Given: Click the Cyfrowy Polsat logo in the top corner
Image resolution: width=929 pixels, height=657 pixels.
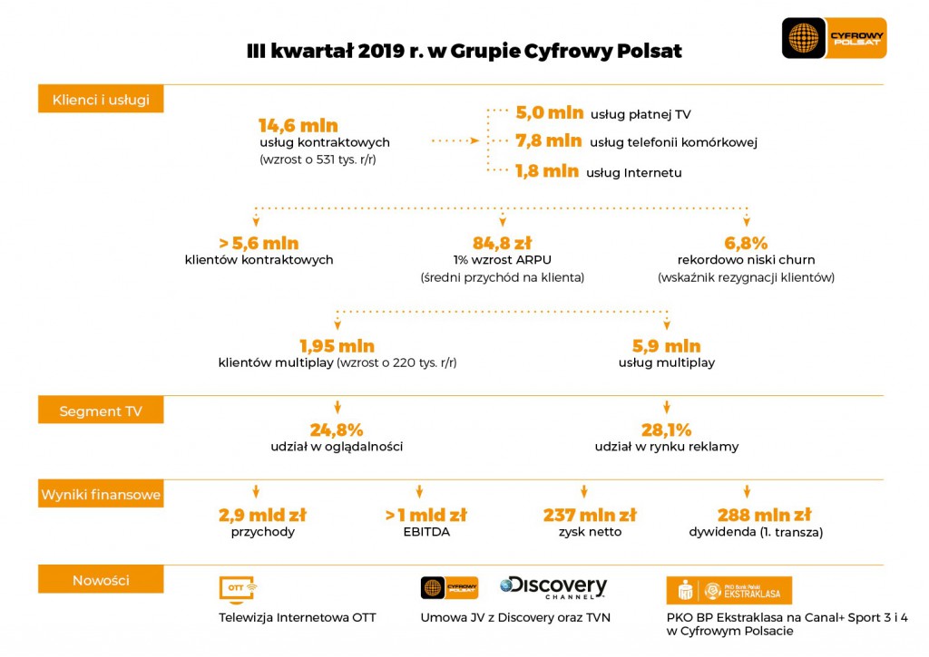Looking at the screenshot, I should pos(834,38).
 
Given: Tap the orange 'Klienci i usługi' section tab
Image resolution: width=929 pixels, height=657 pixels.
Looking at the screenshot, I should pos(101,100).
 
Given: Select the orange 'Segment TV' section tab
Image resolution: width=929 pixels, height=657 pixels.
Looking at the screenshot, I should pos(101,411).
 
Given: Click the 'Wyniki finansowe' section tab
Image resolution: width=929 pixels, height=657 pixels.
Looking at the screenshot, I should pos(101,495).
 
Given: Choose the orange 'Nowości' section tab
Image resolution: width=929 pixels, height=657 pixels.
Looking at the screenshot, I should pos(101,580).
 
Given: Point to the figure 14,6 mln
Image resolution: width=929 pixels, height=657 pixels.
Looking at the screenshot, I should pos(298,125).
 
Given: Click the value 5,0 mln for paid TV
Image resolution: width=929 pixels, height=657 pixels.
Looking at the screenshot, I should pos(550,112).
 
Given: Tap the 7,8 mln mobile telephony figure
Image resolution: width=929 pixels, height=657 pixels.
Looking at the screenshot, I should pos(549,140).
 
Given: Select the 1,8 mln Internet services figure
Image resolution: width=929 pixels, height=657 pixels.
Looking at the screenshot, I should pos(547,170).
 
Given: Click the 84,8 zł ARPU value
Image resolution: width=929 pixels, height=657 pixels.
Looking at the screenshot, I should pos(502,243).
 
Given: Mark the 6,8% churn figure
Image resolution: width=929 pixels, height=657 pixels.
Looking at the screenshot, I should pos(746,243).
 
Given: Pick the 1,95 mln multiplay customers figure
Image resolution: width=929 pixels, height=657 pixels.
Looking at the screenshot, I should pos(337,345).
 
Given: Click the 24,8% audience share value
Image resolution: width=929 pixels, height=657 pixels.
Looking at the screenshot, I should pos(337,430).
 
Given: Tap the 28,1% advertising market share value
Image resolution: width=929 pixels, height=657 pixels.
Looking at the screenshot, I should pos(667,430).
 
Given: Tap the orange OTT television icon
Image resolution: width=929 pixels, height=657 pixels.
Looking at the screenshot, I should pos(237,588).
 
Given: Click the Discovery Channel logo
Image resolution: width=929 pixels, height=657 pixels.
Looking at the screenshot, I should pos(553,587).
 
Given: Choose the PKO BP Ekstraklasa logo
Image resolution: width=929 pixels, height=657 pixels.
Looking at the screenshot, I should pos(729,590).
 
